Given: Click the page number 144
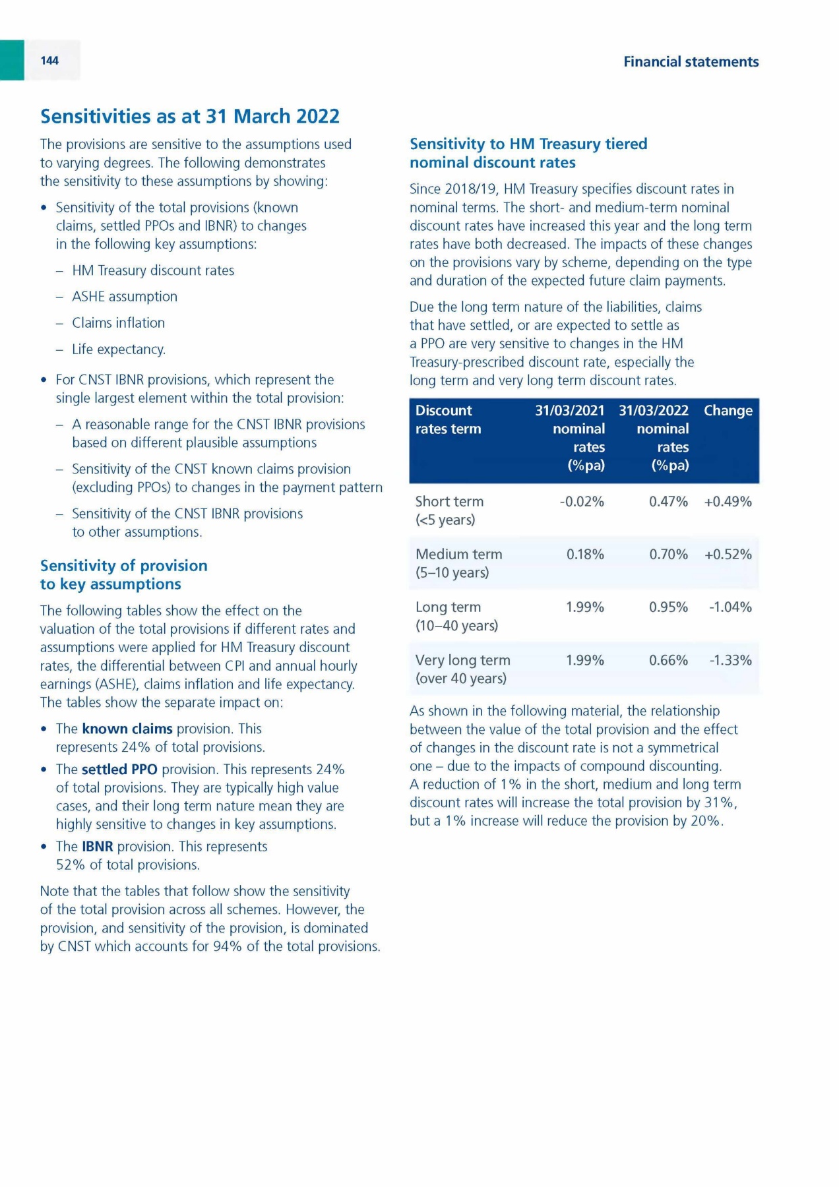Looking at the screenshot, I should pos(49,61).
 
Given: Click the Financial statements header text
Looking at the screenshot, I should pos(691,62).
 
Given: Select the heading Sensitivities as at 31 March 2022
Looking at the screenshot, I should pos(190,116).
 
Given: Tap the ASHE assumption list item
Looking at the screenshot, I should pos(125,297).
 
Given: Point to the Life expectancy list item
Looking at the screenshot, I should pos(119,350).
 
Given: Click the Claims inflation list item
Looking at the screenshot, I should pos(119,323).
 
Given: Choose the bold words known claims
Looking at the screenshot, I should pos(127,729).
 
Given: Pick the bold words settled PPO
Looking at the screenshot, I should pos(119,770).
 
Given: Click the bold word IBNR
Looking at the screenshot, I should pos(98,847).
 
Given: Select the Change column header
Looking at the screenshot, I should pos(728,411).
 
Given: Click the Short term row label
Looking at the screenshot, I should pos(449,502).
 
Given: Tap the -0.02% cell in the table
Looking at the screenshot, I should pos(582,502).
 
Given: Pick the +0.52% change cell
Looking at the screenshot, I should pos(728,555).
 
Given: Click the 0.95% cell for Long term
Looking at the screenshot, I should pos(668,607).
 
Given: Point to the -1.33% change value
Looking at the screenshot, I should pos(730,660).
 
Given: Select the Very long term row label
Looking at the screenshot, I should pos(462,660).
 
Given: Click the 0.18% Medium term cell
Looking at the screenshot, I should pos(585,555).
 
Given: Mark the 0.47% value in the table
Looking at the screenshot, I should pos(668,502).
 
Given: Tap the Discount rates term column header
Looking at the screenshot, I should pos(448,419).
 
